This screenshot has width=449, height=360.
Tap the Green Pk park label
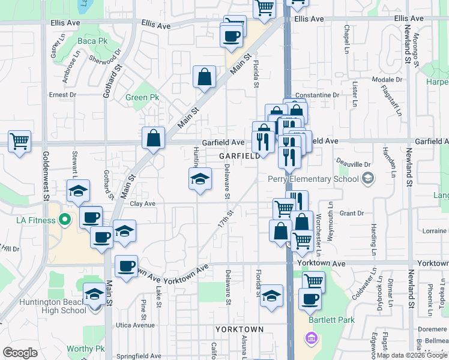click(142, 97)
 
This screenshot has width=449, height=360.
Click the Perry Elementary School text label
click(307, 179)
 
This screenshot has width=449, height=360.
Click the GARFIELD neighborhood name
click(240, 155)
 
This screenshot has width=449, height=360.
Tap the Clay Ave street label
click(142, 204)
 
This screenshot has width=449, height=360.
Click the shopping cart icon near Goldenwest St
click(19, 142)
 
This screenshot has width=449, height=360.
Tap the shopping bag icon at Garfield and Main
click(154, 137)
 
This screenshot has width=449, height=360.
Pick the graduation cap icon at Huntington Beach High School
click(94, 295)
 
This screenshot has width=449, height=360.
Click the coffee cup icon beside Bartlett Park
click(310, 299)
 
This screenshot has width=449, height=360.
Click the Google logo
click(20, 353)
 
